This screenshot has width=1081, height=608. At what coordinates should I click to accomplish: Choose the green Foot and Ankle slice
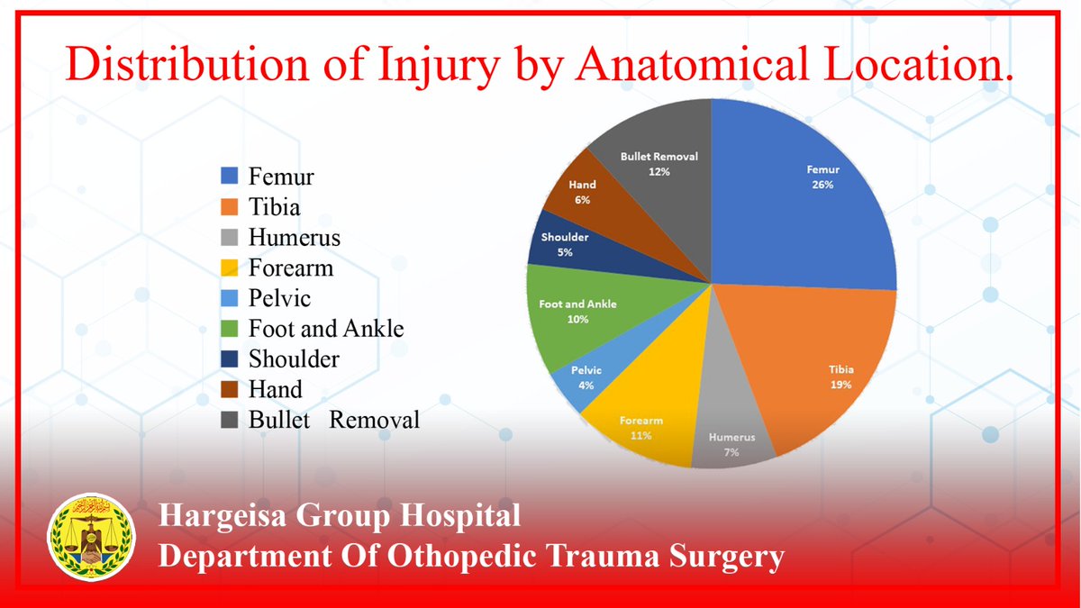(577, 315)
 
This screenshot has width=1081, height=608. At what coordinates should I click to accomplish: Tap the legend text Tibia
(275, 207)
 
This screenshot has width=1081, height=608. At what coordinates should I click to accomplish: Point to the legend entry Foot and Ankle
(326, 329)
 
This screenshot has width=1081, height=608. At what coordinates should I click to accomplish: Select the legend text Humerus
(295, 238)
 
